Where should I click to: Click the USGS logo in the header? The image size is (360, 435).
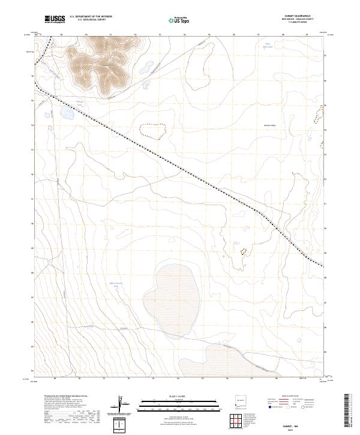55,19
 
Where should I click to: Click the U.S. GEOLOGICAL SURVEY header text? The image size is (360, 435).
91,20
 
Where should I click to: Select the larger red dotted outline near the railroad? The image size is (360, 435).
152,130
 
